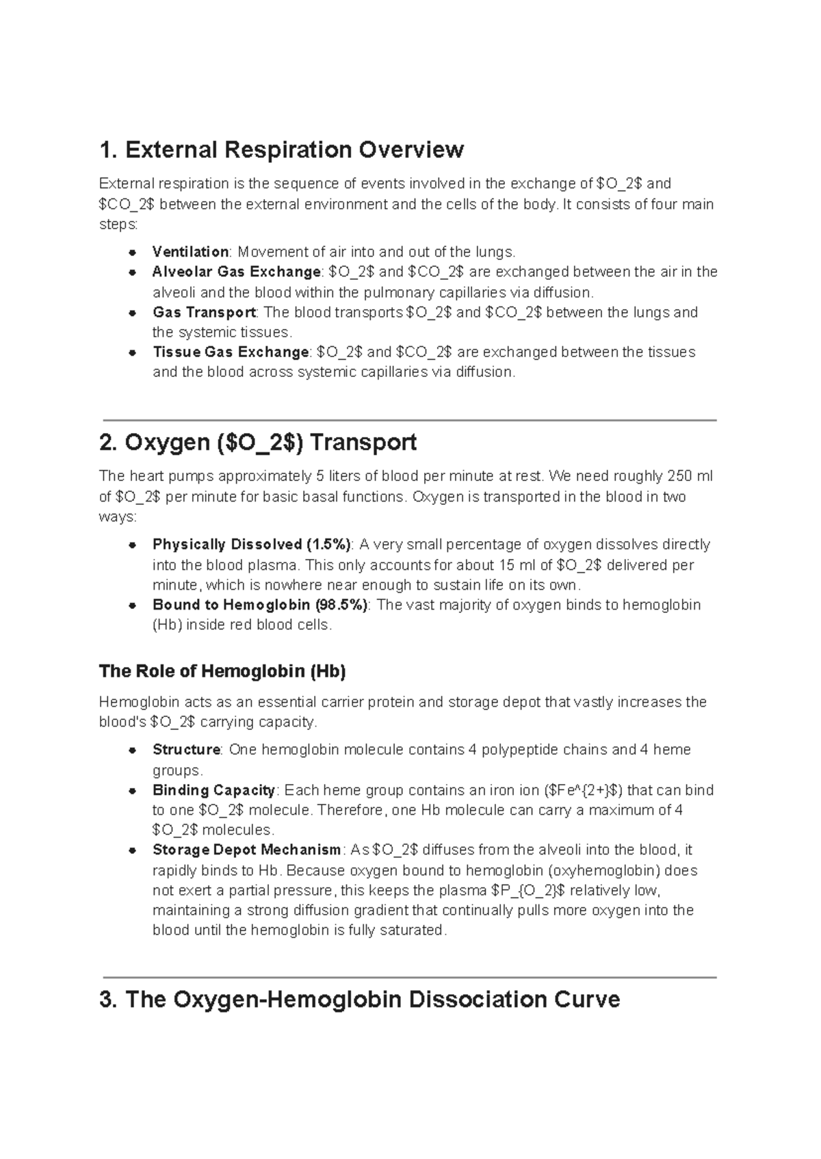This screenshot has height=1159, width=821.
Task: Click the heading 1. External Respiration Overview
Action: tap(281, 149)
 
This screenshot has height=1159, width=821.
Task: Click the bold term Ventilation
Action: tap(190, 252)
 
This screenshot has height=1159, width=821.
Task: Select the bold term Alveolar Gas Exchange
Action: tap(236, 272)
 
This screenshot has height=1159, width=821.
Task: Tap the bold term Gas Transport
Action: tap(203, 312)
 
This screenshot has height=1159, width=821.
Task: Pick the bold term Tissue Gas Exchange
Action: tap(231, 352)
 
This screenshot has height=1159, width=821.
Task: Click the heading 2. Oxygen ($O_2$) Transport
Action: tap(257, 443)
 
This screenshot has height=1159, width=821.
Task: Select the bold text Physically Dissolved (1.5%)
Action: tap(251, 545)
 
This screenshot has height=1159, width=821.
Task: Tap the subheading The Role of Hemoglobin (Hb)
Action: tap(222, 671)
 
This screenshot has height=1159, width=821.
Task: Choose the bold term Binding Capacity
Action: tap(213, 790)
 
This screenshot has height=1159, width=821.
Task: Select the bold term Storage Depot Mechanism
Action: tap(246, 850)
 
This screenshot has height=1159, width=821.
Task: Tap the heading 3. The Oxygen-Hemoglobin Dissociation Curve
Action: tap(359, 1000)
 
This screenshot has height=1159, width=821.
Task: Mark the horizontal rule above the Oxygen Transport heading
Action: tap(408, 420)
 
